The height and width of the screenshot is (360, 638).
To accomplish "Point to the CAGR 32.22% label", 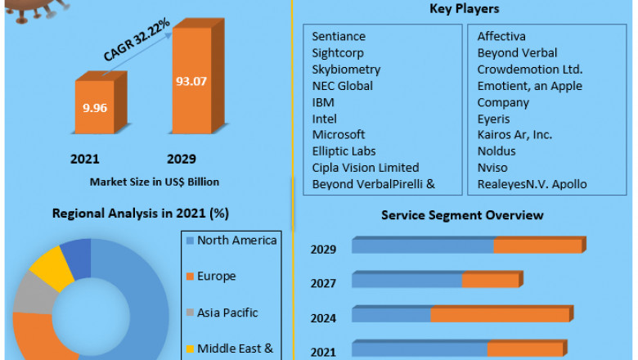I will click(137, 40).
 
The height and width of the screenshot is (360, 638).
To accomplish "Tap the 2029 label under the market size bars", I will click(182, 158).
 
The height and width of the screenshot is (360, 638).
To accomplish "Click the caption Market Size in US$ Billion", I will click(155, 181).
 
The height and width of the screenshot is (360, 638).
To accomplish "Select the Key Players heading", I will click(464, 9).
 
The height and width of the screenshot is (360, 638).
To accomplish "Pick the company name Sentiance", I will click(339, 37).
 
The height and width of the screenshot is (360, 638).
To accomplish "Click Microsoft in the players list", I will click(339, 135).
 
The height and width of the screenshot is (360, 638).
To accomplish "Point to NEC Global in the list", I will click(343, 86).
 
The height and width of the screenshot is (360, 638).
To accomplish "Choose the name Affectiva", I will click(501, 37).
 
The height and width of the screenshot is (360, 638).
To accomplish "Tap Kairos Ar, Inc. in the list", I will click(514, 135).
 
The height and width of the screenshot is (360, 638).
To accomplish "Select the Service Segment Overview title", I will click(462, 215).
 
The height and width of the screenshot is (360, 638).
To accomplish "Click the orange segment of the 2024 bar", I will click(499, 315).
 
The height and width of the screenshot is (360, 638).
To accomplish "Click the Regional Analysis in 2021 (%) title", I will click(141, 214).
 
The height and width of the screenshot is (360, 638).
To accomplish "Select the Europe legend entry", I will click(216, 277).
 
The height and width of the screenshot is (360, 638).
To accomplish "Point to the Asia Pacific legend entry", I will click(227, 313).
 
